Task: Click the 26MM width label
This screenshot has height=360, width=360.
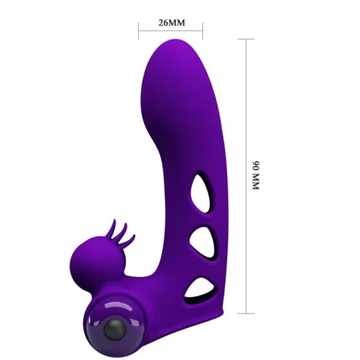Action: pyautogui.click(x=171, y=23)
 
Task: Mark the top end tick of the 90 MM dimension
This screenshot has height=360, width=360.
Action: pyautogui.click(x=247, y=39)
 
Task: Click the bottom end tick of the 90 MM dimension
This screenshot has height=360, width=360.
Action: pyautogui.click(x=247, y=313)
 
